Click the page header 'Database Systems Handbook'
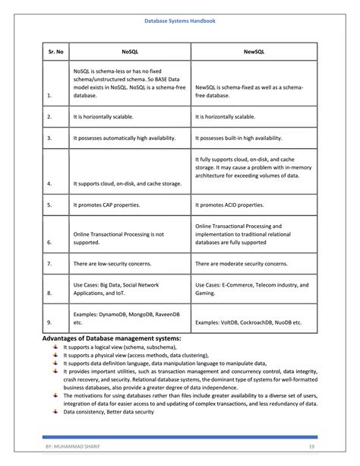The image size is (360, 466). coord(180,22)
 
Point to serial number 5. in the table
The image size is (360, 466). coord(49,205)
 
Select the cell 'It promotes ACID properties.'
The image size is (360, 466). coord(234,205)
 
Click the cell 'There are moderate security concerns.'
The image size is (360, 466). coord(242,263)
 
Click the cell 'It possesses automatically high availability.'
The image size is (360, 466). coord(125,138)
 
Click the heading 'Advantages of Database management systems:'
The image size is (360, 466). coord(111,338)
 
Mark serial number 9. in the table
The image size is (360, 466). coord(49,322)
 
